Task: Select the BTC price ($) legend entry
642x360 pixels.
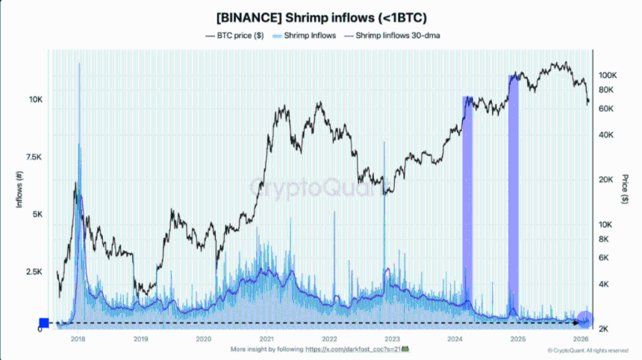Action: point(237,35)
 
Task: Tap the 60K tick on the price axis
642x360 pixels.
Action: point(605,108)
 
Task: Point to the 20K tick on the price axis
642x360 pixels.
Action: point(605,180)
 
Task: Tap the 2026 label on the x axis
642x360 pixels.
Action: point(580,339)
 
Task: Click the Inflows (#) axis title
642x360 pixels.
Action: point(21,190)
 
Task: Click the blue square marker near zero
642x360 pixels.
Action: point(43,323)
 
